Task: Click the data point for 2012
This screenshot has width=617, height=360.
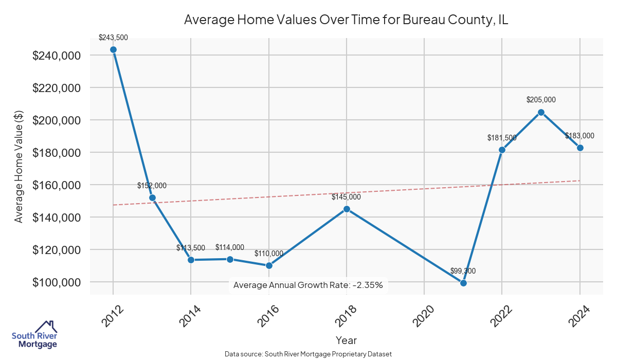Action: coord(113,49)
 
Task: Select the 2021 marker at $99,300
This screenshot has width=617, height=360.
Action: coord(463,283)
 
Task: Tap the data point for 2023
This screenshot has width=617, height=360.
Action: coord(541,112)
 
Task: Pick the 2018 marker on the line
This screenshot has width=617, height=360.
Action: coord(347,209)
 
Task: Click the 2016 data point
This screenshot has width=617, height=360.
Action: coord(269,265)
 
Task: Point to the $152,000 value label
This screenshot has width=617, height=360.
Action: coord(152,186)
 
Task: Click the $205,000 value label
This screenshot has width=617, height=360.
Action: coord(541,100)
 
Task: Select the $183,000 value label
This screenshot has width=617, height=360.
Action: coord(579,136)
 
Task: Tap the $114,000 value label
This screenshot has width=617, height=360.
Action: coord(230,247)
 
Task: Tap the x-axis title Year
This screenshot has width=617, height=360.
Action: coord(346,340)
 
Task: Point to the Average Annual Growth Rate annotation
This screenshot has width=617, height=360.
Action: coord(308,285)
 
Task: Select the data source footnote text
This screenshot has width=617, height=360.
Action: coord(308,354)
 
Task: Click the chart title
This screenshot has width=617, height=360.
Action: coord(346,20)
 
